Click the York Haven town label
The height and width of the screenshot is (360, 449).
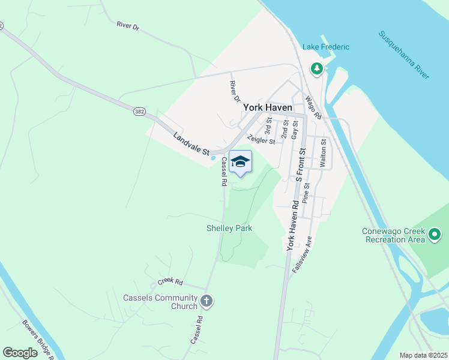(268, 107)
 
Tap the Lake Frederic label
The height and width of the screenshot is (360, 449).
(326, 47)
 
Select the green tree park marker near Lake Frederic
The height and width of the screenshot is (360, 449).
(316, 70)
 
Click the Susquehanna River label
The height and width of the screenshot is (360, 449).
(403, 55)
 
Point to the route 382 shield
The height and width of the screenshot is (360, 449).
(139, 112)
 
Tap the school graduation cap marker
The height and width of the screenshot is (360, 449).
(240, 162)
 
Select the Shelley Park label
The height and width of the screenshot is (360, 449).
(229, 228)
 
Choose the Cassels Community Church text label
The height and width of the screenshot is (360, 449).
(160, 302)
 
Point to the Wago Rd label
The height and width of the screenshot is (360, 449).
(313, 107)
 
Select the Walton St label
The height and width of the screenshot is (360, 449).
(323, 153)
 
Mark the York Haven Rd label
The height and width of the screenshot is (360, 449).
(292, 225)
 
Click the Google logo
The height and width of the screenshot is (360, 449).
(20, 353)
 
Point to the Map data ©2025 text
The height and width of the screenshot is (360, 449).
(423, 355)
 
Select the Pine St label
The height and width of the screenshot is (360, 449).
(306, 193)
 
